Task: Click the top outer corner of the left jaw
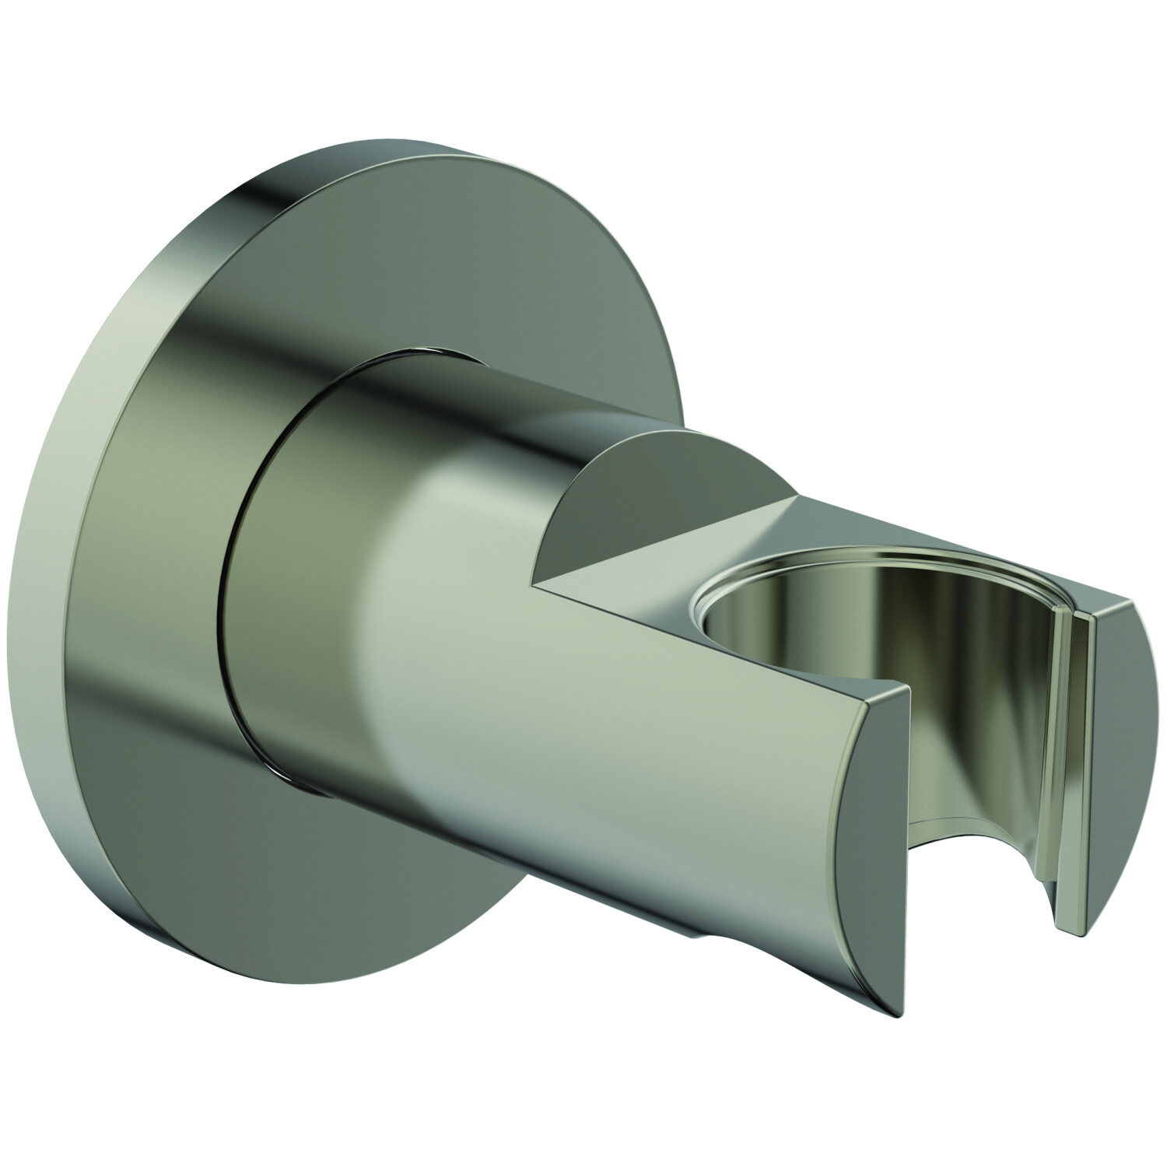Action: (902, 689)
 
